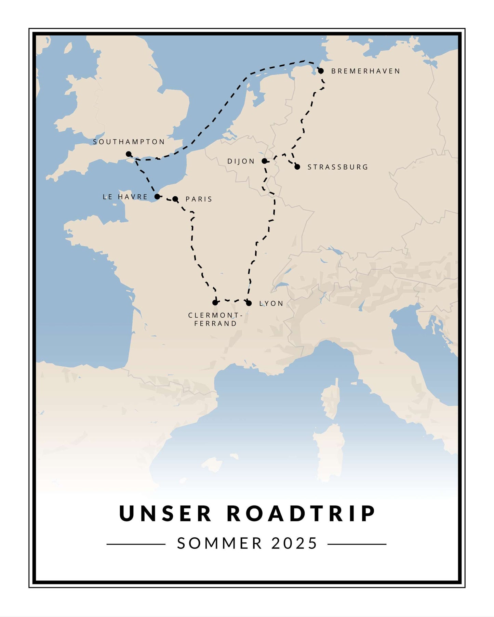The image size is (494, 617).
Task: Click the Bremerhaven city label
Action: pyautogui.click(x=365, y=71)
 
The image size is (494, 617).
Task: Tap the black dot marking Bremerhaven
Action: pyautogui.click(x=321, y=71)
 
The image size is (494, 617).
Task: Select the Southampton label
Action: pyautogui.click(x=129, y=142)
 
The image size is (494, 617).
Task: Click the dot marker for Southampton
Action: pyautogui.click(x=129, y=154)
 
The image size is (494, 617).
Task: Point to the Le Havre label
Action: pyautogui.click(x=125, y=197)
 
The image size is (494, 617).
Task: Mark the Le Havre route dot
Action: pyautogui.click(x=157, y=197)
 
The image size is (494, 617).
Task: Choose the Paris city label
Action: pyautogui.click(x=199, y=199)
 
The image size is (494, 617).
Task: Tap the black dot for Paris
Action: pyautogui.click(x=175, y=199)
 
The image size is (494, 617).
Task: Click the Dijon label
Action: pyautogui.click(x=241, y=161)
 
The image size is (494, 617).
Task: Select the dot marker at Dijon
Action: pyautogui.click(x=264, y=161)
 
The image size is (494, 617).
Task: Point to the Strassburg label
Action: pyautogui.click(x=338, y=167)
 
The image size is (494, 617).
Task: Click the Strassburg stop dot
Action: pyautogui.click(x=297, y=167)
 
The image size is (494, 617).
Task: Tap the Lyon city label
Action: pyautogui.click(x=271, y=303)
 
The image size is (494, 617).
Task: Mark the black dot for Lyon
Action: pyautogui.click(x=249, y=303)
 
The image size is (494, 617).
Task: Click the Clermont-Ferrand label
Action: pyautogui.click(x=215, y=319)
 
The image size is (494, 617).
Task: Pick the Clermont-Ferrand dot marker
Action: pyautogui.click(x=215, y=302)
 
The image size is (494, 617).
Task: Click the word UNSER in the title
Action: pyautogui.click(x=165, y=514)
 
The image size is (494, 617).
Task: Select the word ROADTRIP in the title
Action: pyautogui.click(x=302, y=514)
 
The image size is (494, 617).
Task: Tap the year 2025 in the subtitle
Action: pyautogui.click(x=294, y=543)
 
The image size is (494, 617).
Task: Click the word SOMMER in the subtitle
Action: pyautogui.click(x=219, y=543)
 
